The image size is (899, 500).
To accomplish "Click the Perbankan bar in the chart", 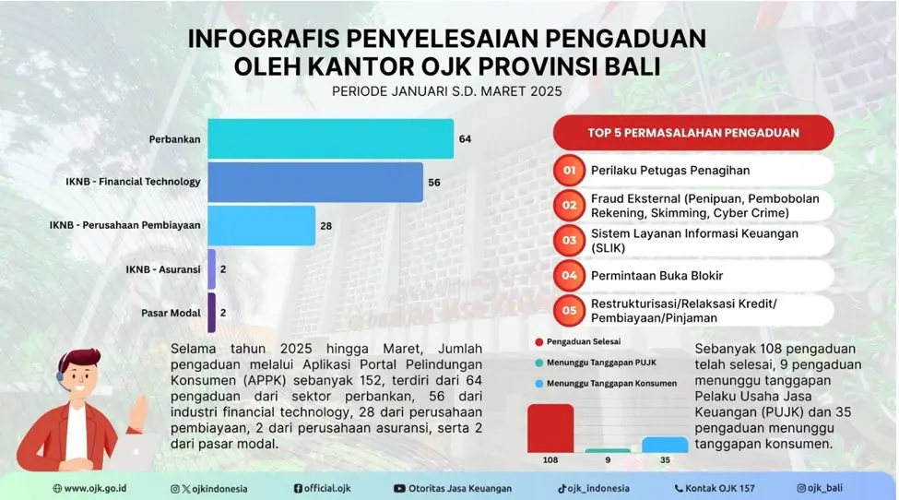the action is [x=331, y=138].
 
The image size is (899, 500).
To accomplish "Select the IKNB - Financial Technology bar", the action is [x=315, y=183].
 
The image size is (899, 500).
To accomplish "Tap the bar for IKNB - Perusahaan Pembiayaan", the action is [x=262, y=225].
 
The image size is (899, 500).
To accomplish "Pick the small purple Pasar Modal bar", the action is [x=211, y=313].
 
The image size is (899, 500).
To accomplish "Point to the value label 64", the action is [x=465, y=139].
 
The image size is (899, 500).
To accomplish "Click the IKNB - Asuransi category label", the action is [x=163, y=269].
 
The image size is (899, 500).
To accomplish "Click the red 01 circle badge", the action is [x=569, y=171].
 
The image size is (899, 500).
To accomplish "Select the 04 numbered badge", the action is [x=569, y=276].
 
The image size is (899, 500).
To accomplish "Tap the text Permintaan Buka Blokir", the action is [x=657, y=276].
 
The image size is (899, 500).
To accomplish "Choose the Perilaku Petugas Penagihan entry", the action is [x=670, y=171].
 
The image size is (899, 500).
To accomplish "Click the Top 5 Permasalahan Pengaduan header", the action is [x=693, y=133].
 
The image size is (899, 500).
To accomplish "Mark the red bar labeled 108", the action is [x=550, y=428].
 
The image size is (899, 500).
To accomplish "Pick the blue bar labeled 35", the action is [x=665, y=445].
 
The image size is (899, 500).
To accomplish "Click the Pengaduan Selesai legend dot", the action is [x=539, y=341].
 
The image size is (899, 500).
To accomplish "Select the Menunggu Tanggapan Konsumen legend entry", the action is [x=606, y=384].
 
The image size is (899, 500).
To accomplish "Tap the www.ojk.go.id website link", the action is [x=89, y=489].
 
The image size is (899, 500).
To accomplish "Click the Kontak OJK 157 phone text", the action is [x=715, y=489].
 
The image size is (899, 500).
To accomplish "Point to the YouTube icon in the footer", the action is [x=399, y=489].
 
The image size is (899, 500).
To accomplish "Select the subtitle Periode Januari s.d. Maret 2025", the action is [x=447, y=91].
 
